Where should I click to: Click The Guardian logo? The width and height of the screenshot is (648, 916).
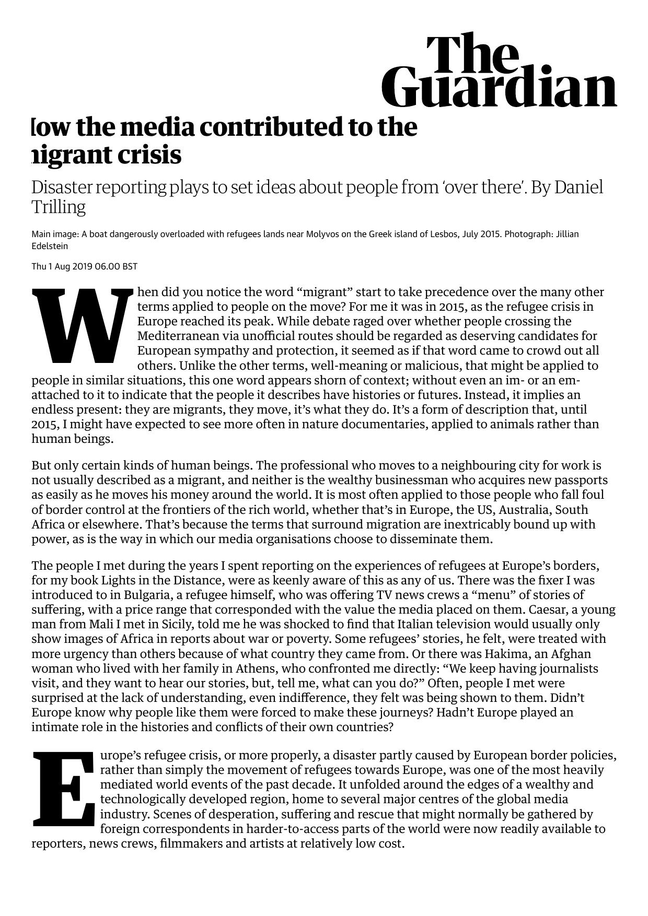coord(499,71)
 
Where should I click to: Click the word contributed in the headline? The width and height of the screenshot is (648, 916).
coord(271,127)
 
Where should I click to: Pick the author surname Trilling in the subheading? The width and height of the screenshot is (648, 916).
coord(58,207)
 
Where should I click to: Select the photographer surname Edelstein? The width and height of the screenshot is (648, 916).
coord(50,246)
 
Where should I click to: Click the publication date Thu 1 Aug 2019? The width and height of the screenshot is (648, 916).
coord(62,266)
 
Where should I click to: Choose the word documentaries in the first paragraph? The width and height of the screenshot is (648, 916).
coord(384,424)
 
